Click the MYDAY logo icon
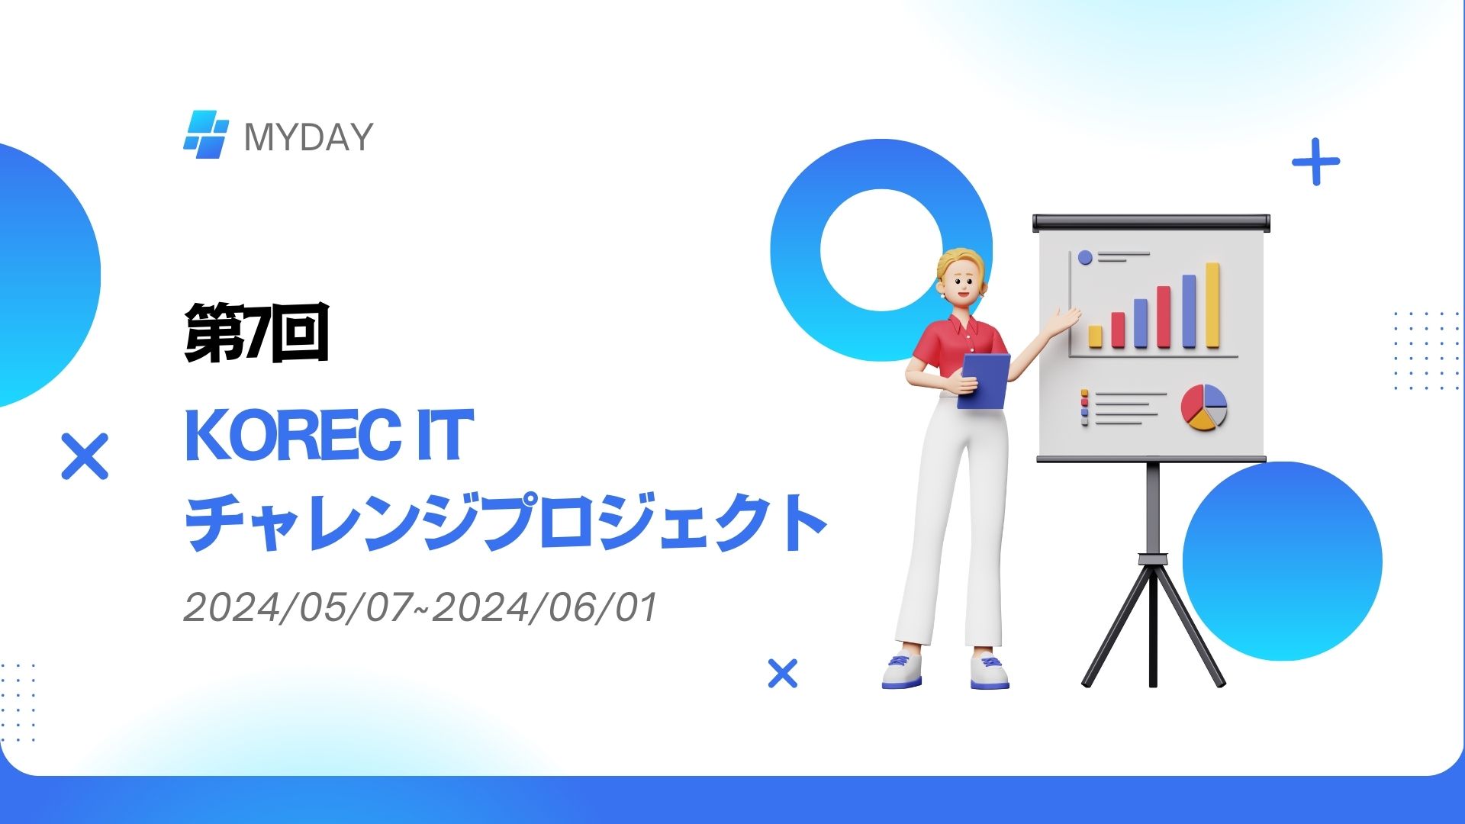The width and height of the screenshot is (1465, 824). coord(206,134)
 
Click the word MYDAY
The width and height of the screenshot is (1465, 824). coord(308,137)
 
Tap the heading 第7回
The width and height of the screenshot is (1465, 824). coord(256,333)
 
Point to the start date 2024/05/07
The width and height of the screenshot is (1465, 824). coord(303,608)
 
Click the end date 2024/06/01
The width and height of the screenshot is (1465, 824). coord(544,608)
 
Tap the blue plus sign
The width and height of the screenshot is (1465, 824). coord(1315,162)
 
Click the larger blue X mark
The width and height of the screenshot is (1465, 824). coord(85,456)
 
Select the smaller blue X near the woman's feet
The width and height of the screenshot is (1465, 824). coord(782,674)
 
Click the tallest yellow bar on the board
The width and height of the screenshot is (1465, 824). coord(1212,305)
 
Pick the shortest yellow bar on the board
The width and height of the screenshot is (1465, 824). coord(1095,336)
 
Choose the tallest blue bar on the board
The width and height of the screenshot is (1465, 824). coord(1189,311)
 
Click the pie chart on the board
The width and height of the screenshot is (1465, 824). coord(1204,407)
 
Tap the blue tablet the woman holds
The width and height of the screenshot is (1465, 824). coord(984,381)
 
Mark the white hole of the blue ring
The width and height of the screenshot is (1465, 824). coord(882,250)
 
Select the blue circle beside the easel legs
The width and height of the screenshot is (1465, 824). coord(1283,561)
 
